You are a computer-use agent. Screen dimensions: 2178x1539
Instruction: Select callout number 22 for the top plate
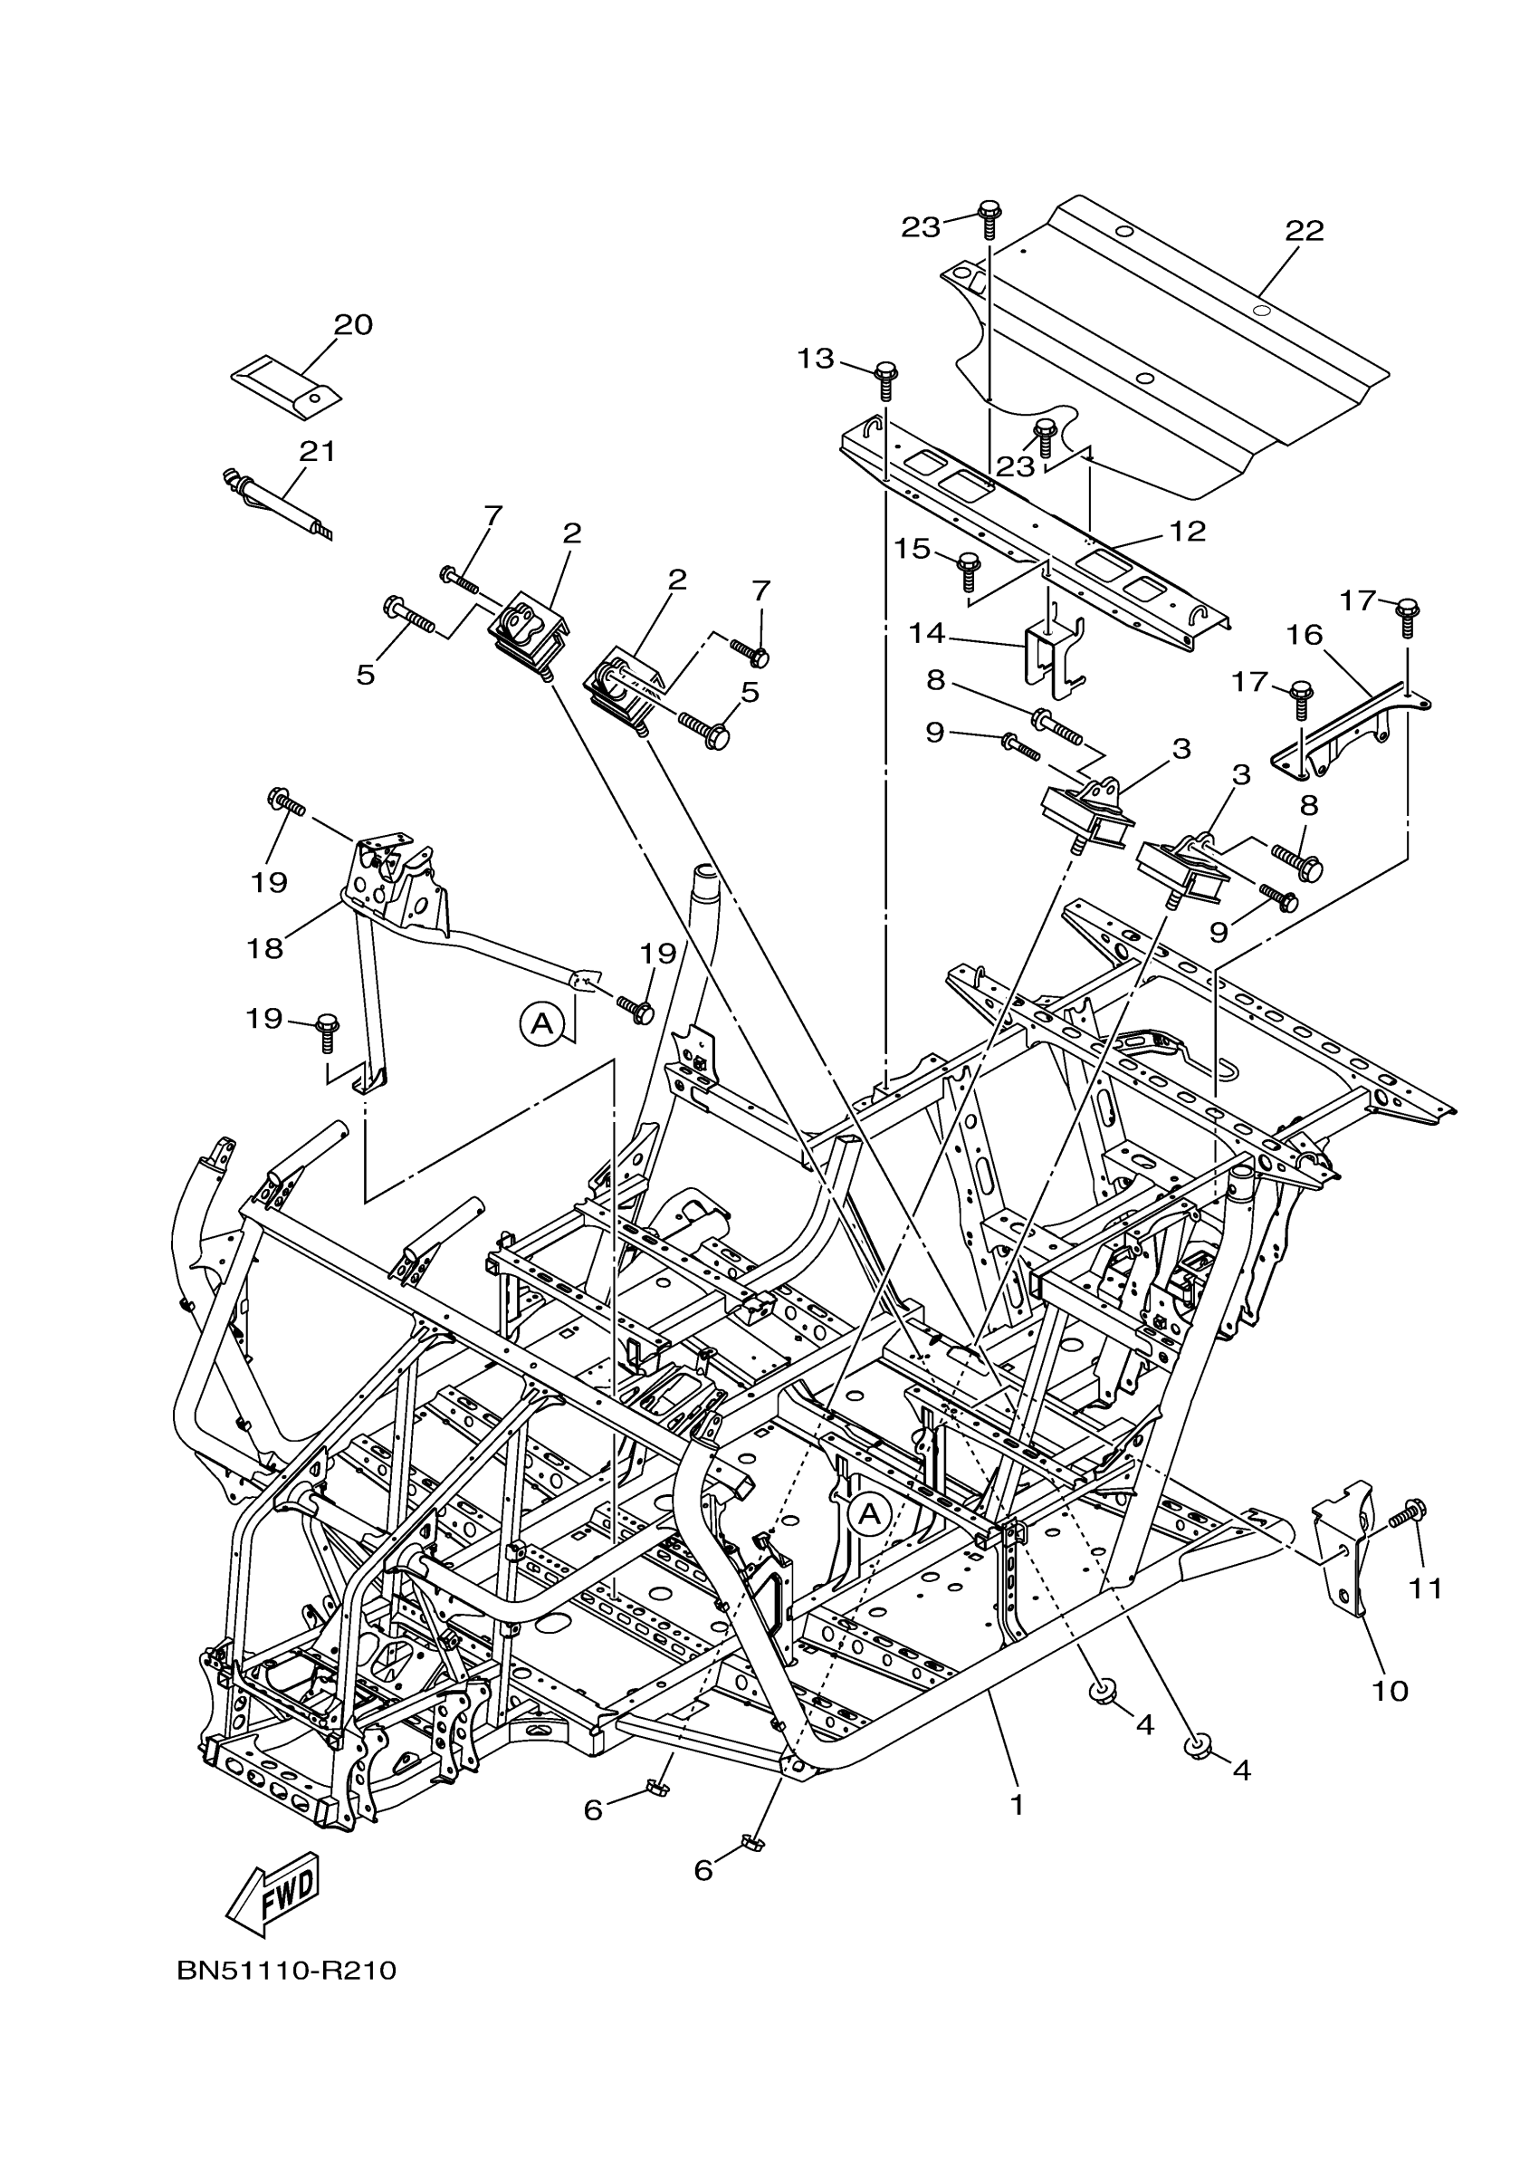[1304, 232]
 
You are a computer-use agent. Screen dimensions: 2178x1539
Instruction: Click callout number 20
[353, 325]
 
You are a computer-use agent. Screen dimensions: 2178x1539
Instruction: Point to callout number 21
[318, 452]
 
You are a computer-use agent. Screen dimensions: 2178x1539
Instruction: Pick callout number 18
[265, 947]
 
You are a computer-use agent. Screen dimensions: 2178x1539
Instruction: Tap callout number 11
[1424, 1588]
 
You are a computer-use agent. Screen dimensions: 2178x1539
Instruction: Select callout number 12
[1186, 532]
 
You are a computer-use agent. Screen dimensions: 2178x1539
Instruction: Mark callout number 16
[1305, 635]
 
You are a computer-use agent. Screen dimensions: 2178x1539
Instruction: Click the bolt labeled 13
[886, 379]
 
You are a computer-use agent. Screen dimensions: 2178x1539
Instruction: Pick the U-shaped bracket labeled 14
[1054, 651]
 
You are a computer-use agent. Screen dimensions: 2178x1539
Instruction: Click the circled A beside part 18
[541, 1023]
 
